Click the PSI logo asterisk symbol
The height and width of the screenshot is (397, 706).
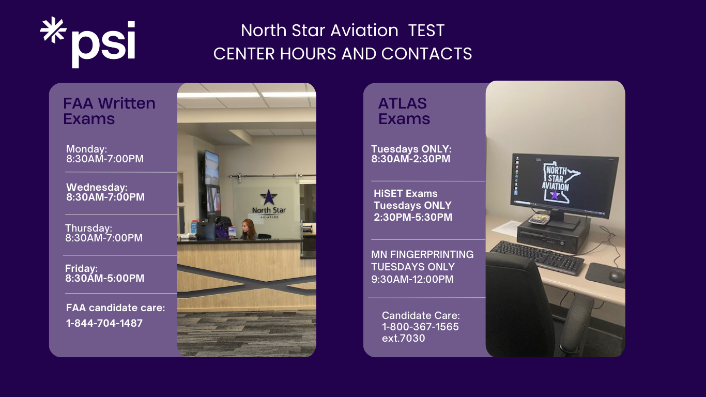tap(53, 29)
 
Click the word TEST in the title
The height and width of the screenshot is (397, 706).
tap(426, 30)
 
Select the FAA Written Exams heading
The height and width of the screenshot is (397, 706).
tap(109, 111)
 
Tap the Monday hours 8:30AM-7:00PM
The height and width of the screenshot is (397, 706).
tap(104, 159)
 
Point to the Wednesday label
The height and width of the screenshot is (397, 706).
tap(97, 187)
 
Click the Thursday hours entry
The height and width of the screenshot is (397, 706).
tap(104, 233)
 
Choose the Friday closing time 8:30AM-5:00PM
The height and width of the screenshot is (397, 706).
tap(104, 278)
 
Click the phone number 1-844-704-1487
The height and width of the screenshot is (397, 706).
tap(104, 323)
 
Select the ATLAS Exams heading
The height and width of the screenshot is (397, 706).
tap(404, 111)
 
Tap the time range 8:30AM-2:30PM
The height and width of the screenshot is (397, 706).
tap(411, 159)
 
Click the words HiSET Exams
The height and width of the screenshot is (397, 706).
tap(406, 193)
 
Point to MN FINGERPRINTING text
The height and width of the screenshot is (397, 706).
tap(422, 254)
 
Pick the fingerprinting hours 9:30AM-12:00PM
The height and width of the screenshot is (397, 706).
tap(412, 279)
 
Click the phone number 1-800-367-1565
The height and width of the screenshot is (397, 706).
tap(420, 327)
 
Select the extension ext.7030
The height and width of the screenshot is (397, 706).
tap(404, 338)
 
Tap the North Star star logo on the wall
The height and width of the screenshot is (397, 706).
tap(269, 197)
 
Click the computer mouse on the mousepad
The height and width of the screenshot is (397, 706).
tap(616, 276)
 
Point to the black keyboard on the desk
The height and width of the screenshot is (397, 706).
tap(537, 257)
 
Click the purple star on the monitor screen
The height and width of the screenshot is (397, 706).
tap(555, 194)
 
